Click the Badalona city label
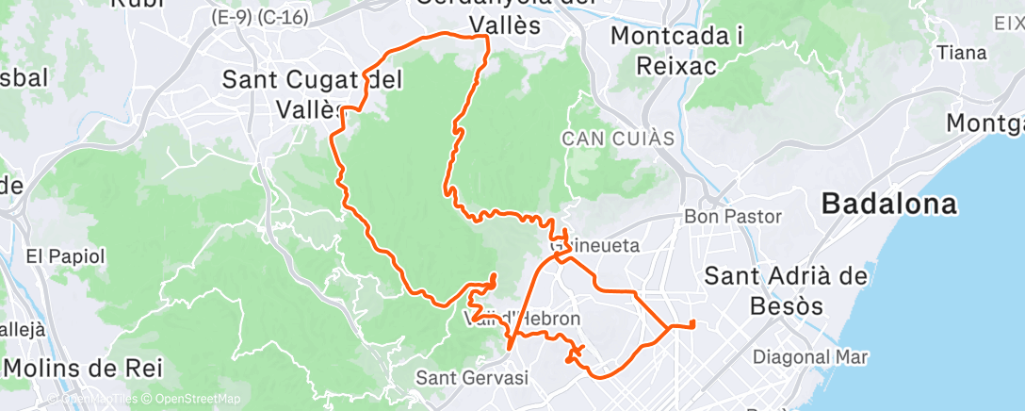point(888,204)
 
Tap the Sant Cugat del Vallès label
point(311,93)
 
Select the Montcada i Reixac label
point(677,50)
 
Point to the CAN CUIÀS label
point(618,139)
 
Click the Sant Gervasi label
point(472,377)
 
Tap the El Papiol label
point(65,255)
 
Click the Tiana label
point(962,53)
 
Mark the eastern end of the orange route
point(692,324)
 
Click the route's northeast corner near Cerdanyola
point(486,37)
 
